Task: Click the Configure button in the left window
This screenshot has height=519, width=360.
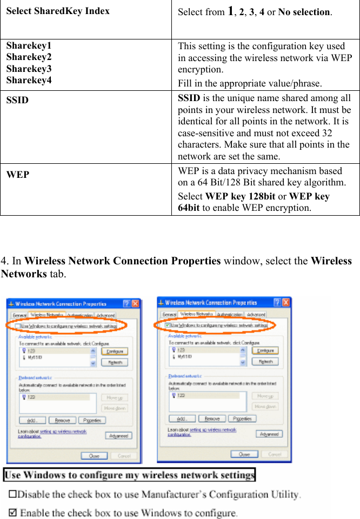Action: point(114,351)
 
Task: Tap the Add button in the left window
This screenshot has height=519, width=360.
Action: point(32,420)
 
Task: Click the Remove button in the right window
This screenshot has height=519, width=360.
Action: point(212,418)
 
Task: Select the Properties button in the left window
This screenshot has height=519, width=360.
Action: point(92,420)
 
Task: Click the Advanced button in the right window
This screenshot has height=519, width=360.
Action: point(269,434)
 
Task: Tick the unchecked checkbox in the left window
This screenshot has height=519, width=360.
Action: point(18,327)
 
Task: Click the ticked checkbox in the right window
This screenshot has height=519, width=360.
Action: point(168,325)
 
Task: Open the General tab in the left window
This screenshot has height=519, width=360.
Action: point(19,315)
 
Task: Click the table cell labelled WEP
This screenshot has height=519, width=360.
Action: point(18,175)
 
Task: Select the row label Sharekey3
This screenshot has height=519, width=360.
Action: point(29,69)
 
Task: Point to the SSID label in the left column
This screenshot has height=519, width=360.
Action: point(17,100)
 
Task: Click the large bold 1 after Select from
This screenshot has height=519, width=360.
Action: point(231,11)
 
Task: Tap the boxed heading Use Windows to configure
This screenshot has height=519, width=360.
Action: point(129,476)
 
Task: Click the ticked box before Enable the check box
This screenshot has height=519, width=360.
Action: point(14,513)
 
